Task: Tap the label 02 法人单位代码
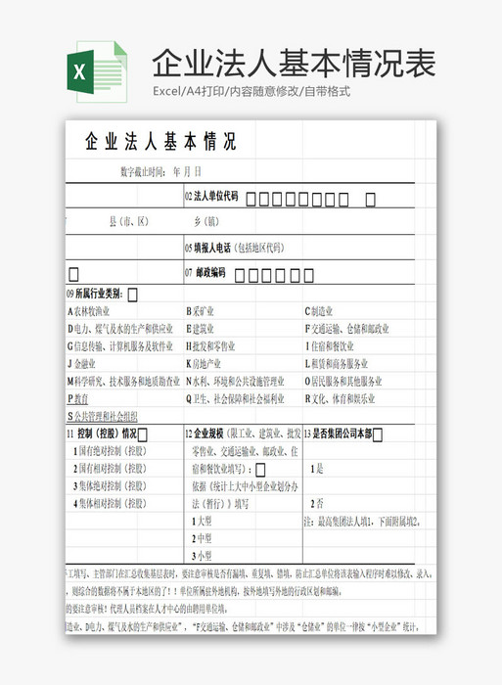coord(211,197)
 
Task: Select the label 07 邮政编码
coord(205,273)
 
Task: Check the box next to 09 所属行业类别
coord(132,294)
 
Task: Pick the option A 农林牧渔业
coord(95,311)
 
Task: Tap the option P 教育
coord(77,399)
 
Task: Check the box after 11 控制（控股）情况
coord(143,434)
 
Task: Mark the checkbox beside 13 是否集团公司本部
coord(378,434)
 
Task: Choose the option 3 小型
coord(202,556)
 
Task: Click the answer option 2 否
coord(317,503)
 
